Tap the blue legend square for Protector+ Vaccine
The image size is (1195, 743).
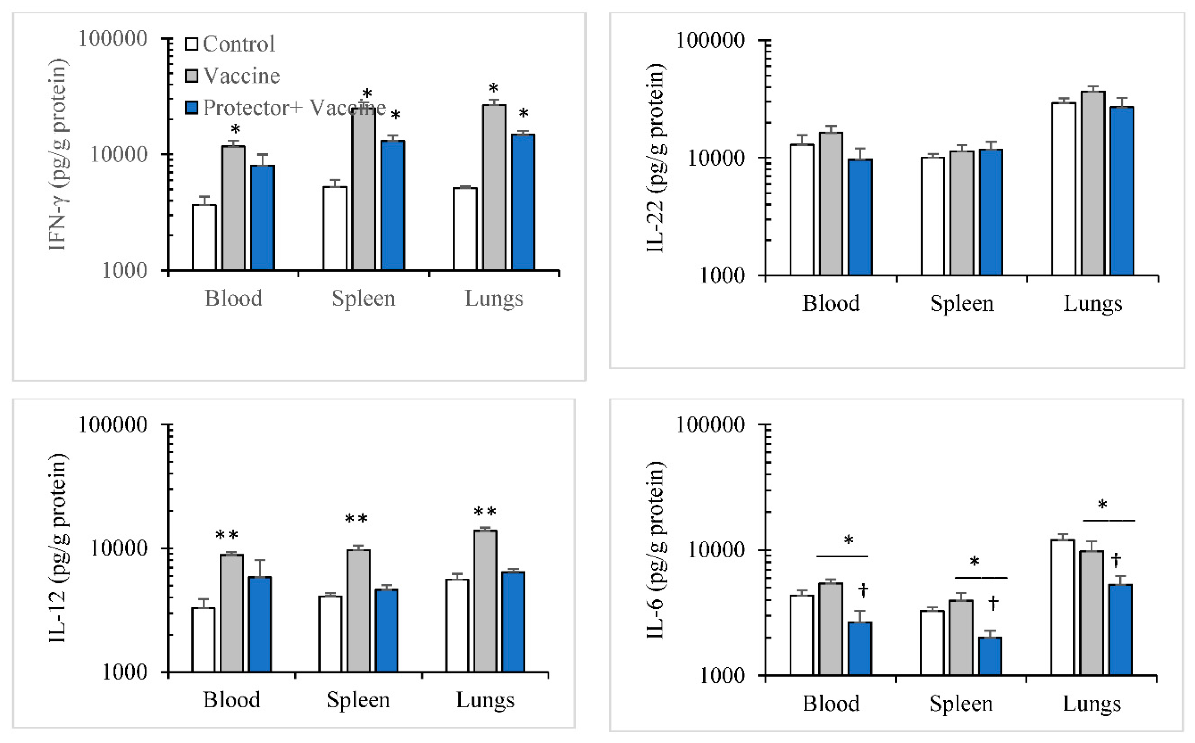[x=191, y=107]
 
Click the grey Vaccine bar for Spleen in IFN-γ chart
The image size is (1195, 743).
[x=363, y=192]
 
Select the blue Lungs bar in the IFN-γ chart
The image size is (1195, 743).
[x=523, y=202]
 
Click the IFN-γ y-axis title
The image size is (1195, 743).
[x=58, y=154]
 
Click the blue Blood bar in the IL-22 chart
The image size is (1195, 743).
[x=860, y=216]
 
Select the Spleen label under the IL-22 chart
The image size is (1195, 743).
[x=962, y=304]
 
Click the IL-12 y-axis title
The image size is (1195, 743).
[x=58, y=548]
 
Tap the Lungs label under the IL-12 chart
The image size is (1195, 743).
[x=485, y=700]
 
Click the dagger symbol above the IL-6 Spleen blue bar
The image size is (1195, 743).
[x=993, y=603]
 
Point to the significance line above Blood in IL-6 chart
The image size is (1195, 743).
[x=842, y=556]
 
